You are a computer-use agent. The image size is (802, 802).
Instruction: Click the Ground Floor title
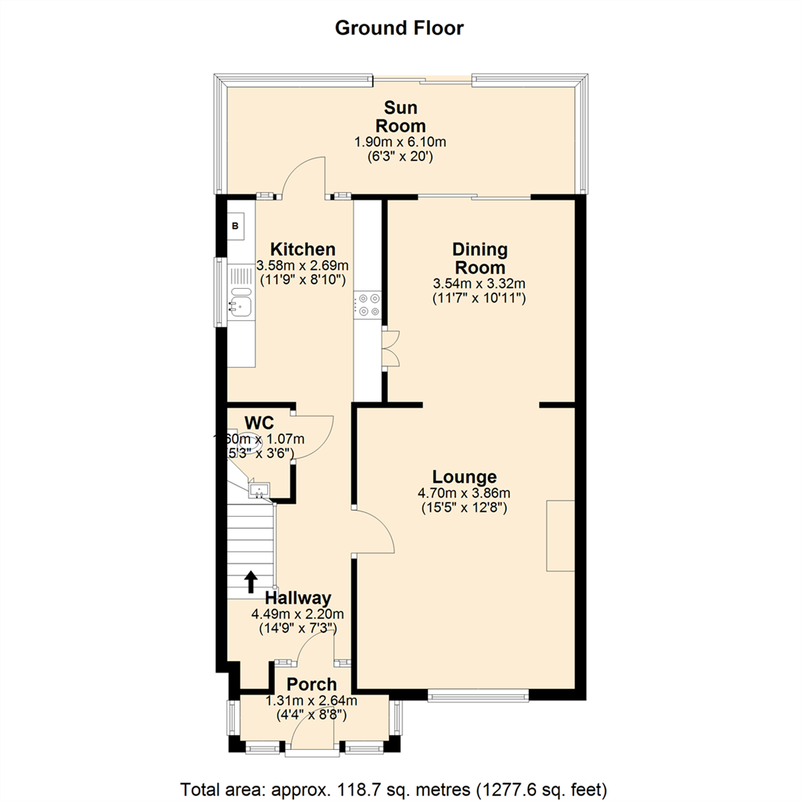coord(400,28)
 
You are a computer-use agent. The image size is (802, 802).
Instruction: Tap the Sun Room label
coord(401,116)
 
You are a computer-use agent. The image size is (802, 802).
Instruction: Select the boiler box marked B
coord(235,226)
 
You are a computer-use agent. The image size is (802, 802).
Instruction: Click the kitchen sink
coord(241,301)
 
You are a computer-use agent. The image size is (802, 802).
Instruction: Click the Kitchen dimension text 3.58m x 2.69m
coord(302,265)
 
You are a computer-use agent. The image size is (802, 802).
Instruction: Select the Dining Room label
coord(480,258)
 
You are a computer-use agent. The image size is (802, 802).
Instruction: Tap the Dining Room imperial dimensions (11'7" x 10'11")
coord(480,298)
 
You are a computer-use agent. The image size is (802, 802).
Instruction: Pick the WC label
coord(260,423)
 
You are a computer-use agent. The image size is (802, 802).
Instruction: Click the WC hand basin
coord(260,489)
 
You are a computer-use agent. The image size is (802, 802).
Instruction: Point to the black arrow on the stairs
coord(251,580)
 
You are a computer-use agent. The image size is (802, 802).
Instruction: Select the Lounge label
coord(466,477)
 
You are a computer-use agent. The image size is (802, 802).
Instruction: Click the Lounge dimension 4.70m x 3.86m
coord(466,492)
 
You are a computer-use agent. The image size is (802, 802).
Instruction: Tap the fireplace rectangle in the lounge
coord(561,536)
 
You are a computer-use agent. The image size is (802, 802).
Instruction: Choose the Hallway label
coord(298,598)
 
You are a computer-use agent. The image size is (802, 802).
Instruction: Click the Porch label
coord(312,685)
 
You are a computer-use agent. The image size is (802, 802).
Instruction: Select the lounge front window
coord(477,696)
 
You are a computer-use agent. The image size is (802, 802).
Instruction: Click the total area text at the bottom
coord(394,787)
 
